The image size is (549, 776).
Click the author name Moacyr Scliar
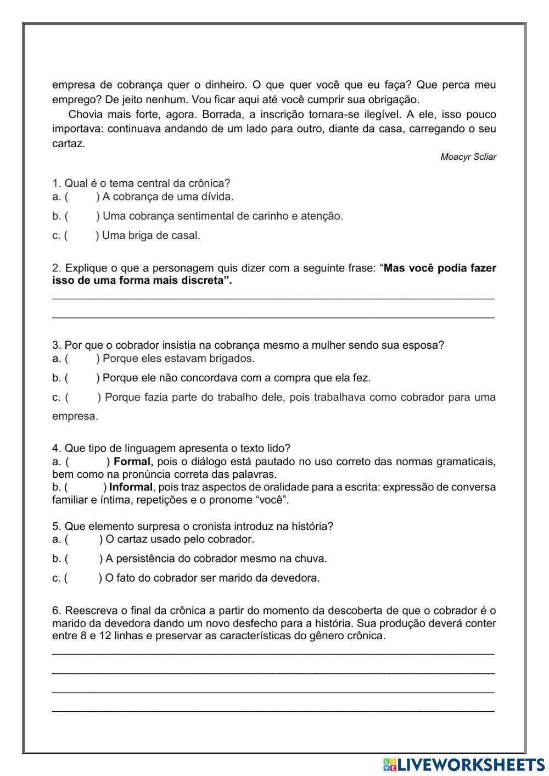pyautogui.click(x=468, y=157)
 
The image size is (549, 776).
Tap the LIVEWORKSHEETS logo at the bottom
pyautogui.click(x=464, y=764)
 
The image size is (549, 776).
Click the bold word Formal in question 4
pyautogui.click(x=131, y=461)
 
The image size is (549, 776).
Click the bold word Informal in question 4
pyautogui.click(x=131, y=487)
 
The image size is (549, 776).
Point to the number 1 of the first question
pyautogui.click(x=55, y=183)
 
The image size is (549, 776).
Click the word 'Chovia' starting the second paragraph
pyautogui.click(x=85, y=115)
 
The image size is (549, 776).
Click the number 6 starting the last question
pyautogui.click(x=55, y=611)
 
